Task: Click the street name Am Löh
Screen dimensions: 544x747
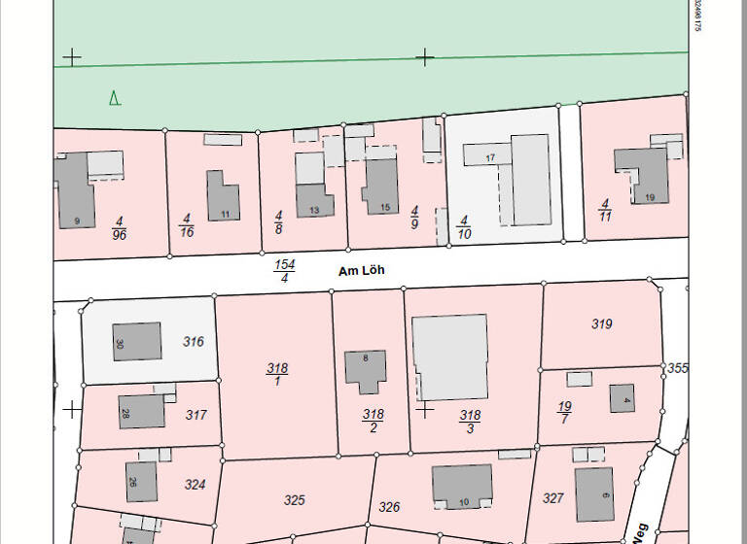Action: (x=361, y=271)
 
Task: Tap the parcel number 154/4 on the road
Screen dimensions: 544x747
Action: (x=284, y=271)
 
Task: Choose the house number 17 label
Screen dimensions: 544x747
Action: (x=490, y=157)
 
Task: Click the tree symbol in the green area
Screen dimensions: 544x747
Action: (x=115, y=97)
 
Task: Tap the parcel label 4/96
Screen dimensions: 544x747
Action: (x=120, y=228)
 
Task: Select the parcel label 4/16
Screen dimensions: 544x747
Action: (x=186, y=225)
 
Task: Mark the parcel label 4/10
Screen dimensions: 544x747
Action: (x=464, y=227)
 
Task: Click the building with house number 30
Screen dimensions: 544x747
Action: (x=137, y=341)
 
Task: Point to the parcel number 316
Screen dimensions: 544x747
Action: (x=194, y=342)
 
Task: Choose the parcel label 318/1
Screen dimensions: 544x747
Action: (x=277, y=374)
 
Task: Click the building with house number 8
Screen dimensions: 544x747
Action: (x=366, y=370)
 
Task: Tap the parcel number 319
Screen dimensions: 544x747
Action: (x=602, y=324)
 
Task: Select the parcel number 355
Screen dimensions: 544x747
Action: (x=678, y=368)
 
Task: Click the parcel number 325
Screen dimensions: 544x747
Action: (x=294, y=500)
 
